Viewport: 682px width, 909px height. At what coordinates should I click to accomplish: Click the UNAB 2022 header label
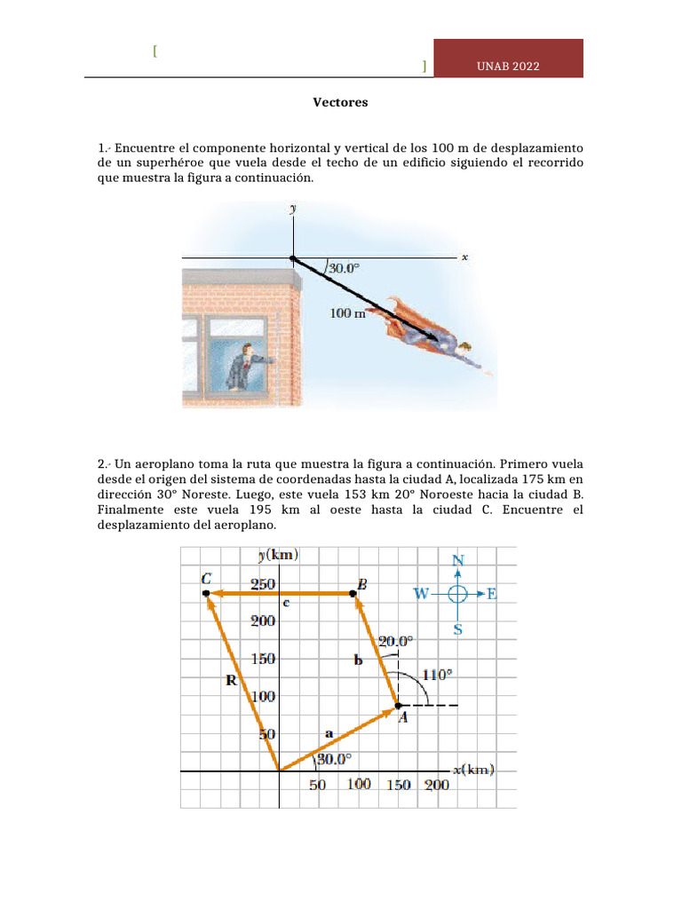508,67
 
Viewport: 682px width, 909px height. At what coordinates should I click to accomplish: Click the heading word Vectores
340,103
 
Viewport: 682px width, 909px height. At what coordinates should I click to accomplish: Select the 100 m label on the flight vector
348,312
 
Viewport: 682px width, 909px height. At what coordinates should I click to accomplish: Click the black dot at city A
397,706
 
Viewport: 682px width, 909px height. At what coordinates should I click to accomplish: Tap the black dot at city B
353,592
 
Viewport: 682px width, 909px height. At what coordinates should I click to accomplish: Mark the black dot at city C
206,592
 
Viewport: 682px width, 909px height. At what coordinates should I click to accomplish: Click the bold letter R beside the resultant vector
230,682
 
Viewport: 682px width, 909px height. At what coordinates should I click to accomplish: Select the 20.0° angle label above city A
396,640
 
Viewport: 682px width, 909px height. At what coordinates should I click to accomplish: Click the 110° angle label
436,674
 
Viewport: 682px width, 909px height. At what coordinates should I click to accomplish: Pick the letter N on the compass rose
458,560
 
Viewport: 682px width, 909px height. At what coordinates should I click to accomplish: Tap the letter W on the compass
422,594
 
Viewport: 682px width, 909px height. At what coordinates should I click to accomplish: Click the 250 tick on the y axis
262,584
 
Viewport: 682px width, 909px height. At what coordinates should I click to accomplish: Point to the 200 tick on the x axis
436,786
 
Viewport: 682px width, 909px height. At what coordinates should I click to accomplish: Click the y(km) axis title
278,556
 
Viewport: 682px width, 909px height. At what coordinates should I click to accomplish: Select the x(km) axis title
473,770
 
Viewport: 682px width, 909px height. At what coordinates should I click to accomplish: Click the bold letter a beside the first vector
329,733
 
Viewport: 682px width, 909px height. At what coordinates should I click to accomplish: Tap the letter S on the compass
458,628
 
